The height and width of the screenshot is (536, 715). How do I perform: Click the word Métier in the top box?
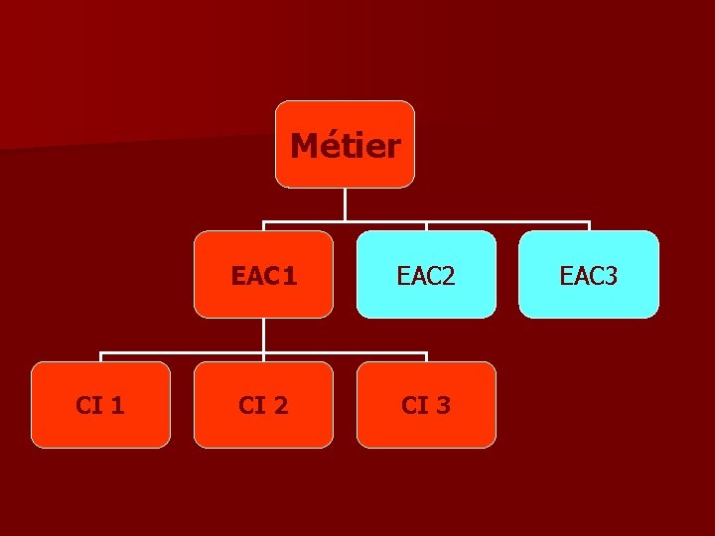345,147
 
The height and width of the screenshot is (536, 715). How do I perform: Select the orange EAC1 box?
263,275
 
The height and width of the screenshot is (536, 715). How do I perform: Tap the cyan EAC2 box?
426,275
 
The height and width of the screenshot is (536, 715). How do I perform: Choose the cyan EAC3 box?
589,275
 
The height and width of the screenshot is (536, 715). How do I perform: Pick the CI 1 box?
100,405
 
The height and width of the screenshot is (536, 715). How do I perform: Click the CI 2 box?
263,405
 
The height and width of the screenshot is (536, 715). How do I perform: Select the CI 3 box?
426,405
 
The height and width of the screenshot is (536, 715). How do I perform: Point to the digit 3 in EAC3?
611,276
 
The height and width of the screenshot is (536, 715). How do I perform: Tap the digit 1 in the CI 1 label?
118,405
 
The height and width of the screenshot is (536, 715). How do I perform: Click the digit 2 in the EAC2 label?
448,276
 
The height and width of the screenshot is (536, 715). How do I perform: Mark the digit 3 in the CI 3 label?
443,405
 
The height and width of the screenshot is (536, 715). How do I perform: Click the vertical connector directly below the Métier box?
345,203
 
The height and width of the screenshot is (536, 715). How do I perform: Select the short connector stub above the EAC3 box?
589,226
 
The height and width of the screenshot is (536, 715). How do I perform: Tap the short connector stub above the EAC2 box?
426,226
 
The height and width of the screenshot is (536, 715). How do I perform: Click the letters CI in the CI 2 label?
251,405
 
